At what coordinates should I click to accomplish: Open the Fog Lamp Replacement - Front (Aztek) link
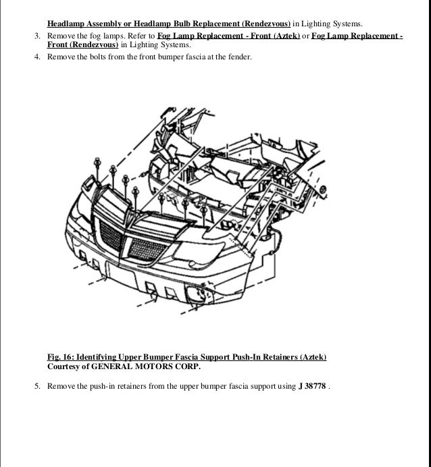[232, 35]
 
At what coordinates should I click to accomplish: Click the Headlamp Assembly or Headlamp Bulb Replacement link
[169, 23]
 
